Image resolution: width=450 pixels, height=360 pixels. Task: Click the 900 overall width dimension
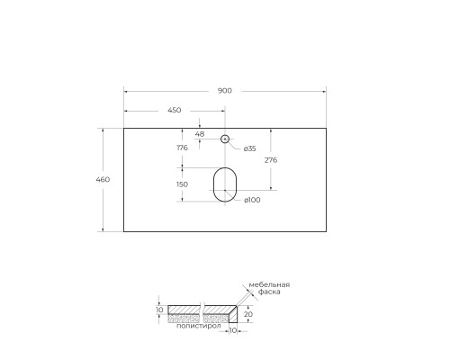pos(224,90)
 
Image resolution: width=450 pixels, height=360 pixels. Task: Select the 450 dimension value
pos(174,110)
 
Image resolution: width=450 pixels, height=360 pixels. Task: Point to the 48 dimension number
pos(200,134)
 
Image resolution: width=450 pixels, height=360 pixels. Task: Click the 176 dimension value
pos(182,148)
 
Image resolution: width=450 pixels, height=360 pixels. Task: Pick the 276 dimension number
pos(270,159)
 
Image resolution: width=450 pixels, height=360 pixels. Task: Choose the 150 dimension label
pos(182,184)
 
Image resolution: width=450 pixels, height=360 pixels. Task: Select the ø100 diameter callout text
pos(252,200)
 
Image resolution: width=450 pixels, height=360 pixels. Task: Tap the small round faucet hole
pos(225,139)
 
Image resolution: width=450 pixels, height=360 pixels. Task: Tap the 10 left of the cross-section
pos(159,310)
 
